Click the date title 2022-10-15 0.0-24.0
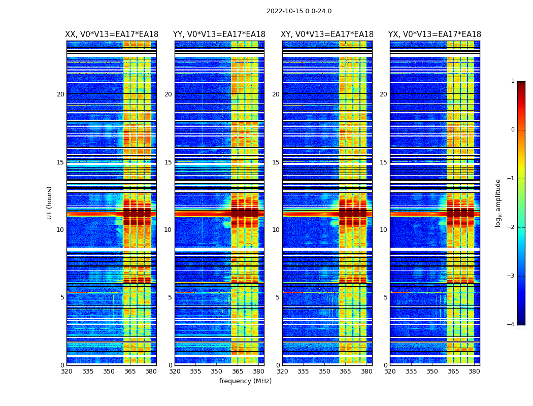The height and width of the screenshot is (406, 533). pyautogui.click(x=299, y=11)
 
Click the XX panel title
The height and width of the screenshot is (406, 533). pyautogui.click(x=112, y=35)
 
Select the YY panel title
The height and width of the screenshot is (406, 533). pyautogui.click(x=219, y=35)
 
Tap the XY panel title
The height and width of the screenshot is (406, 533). pyautogui.click(x=327, y=35)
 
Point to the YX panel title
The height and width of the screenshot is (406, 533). pyautogui.click(x=435, y=35)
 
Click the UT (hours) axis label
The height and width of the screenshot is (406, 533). pyautogui.click(x=50, y=202)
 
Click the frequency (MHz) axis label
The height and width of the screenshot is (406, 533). pyautogui.click(x=245, y=381)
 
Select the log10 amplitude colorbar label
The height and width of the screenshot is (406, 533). pyautogui.click(x=498, y=202)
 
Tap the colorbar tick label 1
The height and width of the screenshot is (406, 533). pyautogui.click(x=513, y=81)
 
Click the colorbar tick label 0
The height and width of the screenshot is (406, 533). pyautogui.click(x=513, y=130)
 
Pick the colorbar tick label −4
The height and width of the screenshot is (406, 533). pyautogui.click(x=511, y=325)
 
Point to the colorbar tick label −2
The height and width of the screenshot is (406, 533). pyautogui.click(x=511, y=227)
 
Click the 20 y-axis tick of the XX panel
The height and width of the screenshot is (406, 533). pyautogui.click(x=60, y=94)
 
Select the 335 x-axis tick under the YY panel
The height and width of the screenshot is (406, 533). pyautogui.click(x=196, y=371)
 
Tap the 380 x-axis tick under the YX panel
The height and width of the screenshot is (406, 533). pyautogui.click(x=474, y=371)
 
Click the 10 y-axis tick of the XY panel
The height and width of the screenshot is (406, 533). pyautogui.click(x=276, y=230)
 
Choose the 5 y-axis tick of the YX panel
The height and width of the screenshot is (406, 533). pyautogui.click(x=385, y=297)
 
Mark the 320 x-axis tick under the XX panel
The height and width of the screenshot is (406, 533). pyautogui.click(x=66, y=371)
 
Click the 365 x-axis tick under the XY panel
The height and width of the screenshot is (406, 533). pyautogui.click(x=346, y=371)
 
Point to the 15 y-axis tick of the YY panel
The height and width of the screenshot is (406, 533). pyautogui.click(x=168, y=162)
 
